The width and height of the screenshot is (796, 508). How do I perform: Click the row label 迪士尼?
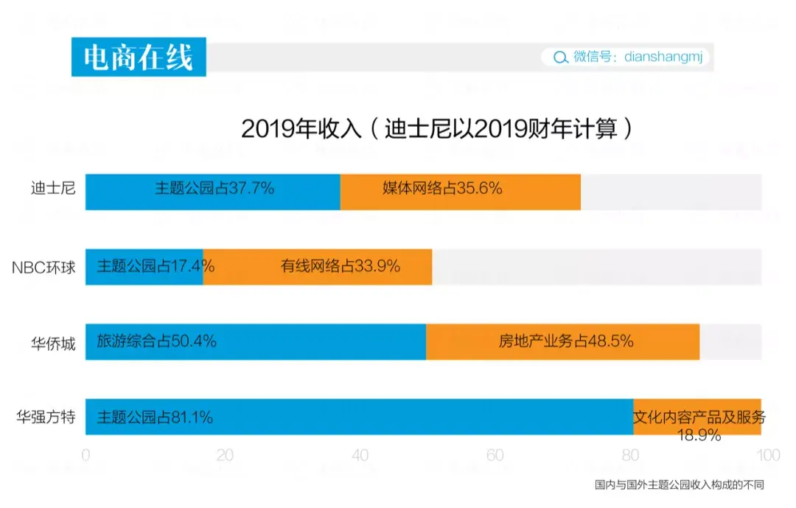click(x=54, y=189)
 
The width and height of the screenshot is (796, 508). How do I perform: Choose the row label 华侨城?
click(x=54, y=343)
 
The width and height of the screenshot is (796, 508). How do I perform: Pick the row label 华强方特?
click(x=46, y=417)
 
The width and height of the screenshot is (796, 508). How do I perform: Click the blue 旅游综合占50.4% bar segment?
click(x=256, y=342)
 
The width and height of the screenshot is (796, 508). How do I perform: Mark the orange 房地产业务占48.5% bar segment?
click(x=563, y=342)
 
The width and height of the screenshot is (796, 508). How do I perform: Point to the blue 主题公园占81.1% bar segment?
click(x=360, y=417)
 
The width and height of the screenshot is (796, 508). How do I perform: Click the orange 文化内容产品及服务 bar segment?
click(x=698, y=414)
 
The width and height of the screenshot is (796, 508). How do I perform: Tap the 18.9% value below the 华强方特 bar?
click(x=699, y=436)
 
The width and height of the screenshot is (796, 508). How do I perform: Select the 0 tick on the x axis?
click(x=86, y=456)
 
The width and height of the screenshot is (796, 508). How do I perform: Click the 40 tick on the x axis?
click(x=360, y=456)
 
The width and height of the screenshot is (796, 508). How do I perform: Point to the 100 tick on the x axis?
click(x=768, y=456)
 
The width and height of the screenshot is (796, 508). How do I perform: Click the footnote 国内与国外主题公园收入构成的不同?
click(x=680, y=485)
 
